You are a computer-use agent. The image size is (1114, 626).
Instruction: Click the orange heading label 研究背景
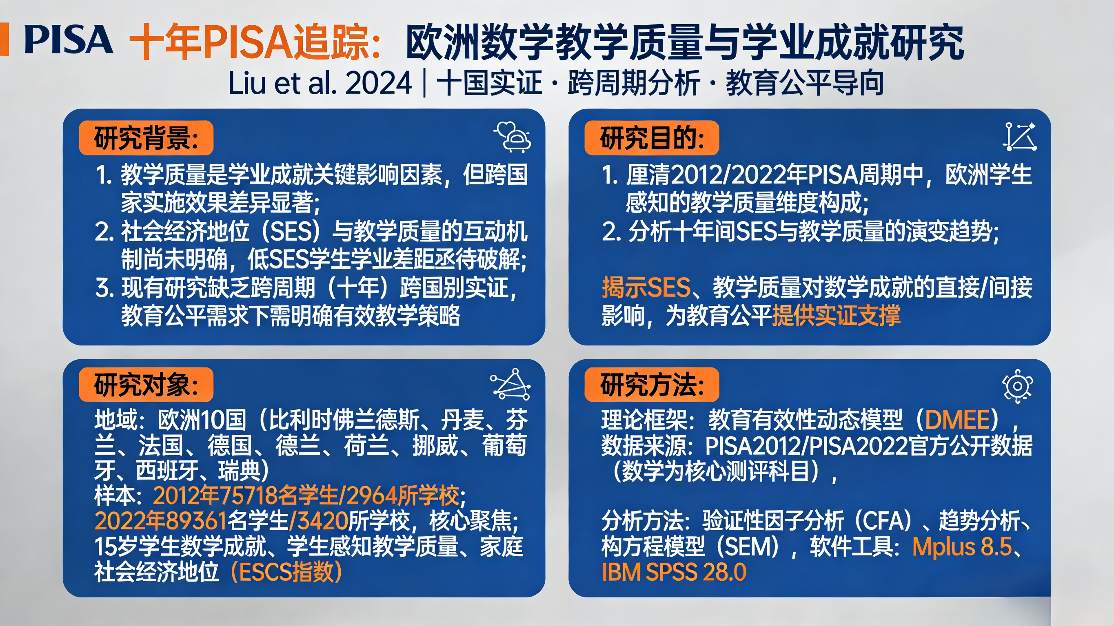tap(146, 138)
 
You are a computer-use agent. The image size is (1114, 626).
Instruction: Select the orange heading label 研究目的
tap(652, 138)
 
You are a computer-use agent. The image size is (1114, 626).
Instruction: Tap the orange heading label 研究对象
tap(146, 385)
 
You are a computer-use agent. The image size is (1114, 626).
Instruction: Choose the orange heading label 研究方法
tap(652, 385)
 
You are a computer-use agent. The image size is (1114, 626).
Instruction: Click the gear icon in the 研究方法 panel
tap(1018, 386)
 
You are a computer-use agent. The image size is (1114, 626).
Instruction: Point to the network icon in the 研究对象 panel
tap(511, 384)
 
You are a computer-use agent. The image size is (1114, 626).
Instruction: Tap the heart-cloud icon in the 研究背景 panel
tap(513, 137)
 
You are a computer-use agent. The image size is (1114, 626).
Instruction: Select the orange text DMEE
tap(957, 420)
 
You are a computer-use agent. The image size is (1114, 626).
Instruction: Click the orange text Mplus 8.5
tap(962, 547)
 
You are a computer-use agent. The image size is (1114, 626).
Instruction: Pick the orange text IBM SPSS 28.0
tap(674, 573)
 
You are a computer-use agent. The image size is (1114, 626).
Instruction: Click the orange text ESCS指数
tap(286, 573)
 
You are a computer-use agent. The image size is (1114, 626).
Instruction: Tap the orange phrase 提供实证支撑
tap(837, 316)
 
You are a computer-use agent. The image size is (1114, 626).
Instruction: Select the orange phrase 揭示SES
tap(646, 288)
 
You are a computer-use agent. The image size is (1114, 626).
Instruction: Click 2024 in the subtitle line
tap(379, 84)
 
